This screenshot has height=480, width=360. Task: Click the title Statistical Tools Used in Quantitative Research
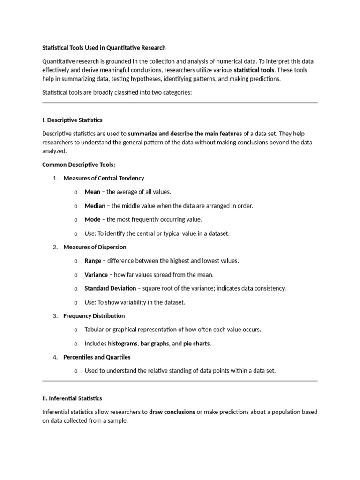point(104,48)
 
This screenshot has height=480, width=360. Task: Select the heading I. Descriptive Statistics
point(72,120)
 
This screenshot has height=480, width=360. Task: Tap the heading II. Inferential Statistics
point(72,398)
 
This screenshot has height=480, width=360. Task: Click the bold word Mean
point(92,192)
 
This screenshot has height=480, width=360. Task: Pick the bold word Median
point(95,206)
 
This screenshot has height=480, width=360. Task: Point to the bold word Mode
point(92,219)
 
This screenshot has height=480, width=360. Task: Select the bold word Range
point(93,261)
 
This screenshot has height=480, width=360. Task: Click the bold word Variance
point(96,275)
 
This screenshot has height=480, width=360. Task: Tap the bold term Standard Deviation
point(110,288)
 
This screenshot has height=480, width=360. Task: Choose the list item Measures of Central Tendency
point(104,178)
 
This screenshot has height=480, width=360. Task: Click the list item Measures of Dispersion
point(95,247)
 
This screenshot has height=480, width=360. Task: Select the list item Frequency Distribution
point(94,316)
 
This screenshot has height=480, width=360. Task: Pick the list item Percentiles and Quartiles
point(97,357)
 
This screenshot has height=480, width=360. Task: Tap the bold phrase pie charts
point(197,344)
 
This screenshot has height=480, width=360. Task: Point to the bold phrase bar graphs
point(155,344)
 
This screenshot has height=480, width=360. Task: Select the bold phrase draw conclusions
point(172,412)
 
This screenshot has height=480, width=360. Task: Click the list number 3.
point(55,316)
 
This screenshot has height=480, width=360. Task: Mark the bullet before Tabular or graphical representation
point(75,330)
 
